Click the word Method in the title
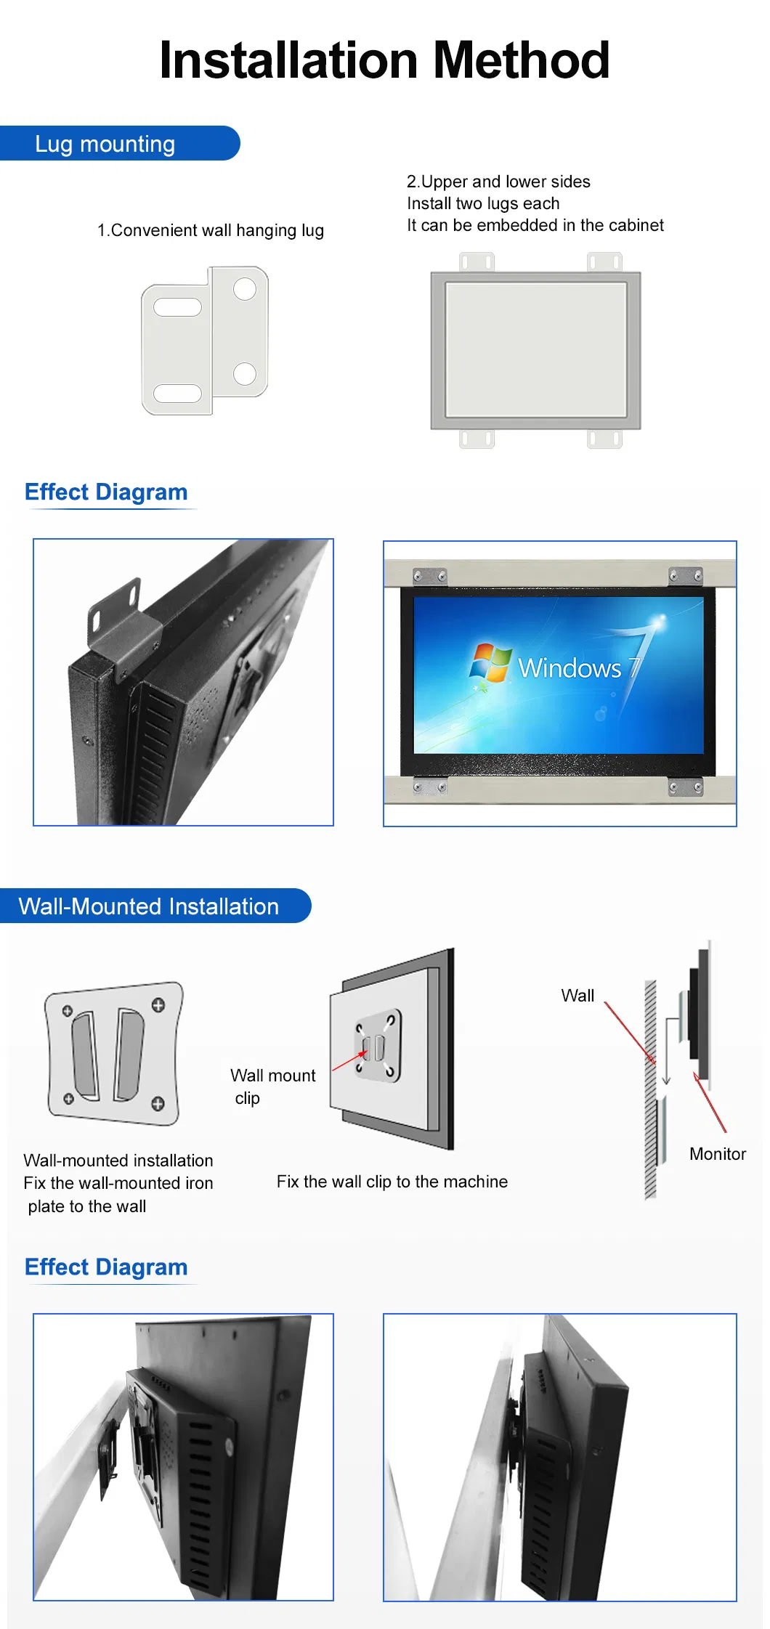coord(521,60)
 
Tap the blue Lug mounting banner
coord(120,143)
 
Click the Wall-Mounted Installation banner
coord(155,906)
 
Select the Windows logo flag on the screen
coord(490,662)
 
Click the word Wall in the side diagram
coord(577,996)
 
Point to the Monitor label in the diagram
coord(718,1154)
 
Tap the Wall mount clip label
coord(273,1086)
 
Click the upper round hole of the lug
coord(245,289)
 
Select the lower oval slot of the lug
coord(178,393)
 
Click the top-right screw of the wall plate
coord(158,1005)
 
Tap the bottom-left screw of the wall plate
coord(68,1099)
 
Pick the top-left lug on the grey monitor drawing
coord(477,261)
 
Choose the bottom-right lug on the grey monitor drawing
coord(604,439)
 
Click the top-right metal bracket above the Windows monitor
coord(686,577)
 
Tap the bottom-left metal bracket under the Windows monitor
coord(430,787)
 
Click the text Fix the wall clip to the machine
coord(392,1182)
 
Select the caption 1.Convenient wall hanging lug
coord(211,230)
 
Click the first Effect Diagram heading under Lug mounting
coord(106,492)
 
